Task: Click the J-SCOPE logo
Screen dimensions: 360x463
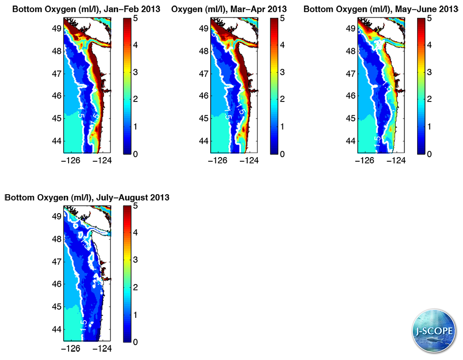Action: point(433,332)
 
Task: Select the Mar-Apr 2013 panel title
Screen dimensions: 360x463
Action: point(229,9)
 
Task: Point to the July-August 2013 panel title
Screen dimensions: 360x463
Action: point(87,197)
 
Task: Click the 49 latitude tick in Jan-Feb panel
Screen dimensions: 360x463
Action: point(57,28)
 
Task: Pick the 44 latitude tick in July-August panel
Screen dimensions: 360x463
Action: point(57,329)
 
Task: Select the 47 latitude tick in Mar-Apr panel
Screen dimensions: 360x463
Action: point(204,74)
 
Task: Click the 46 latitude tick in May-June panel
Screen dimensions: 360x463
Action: point(351,96)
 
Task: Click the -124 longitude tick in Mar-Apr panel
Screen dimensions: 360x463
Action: point(249,161)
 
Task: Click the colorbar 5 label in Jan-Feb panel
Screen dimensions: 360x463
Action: point(135,19)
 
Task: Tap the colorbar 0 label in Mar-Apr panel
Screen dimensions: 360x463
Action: point(282,154)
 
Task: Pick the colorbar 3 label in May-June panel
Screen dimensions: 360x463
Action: point(429,73)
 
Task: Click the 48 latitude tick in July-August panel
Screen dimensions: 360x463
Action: point(57,240)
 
